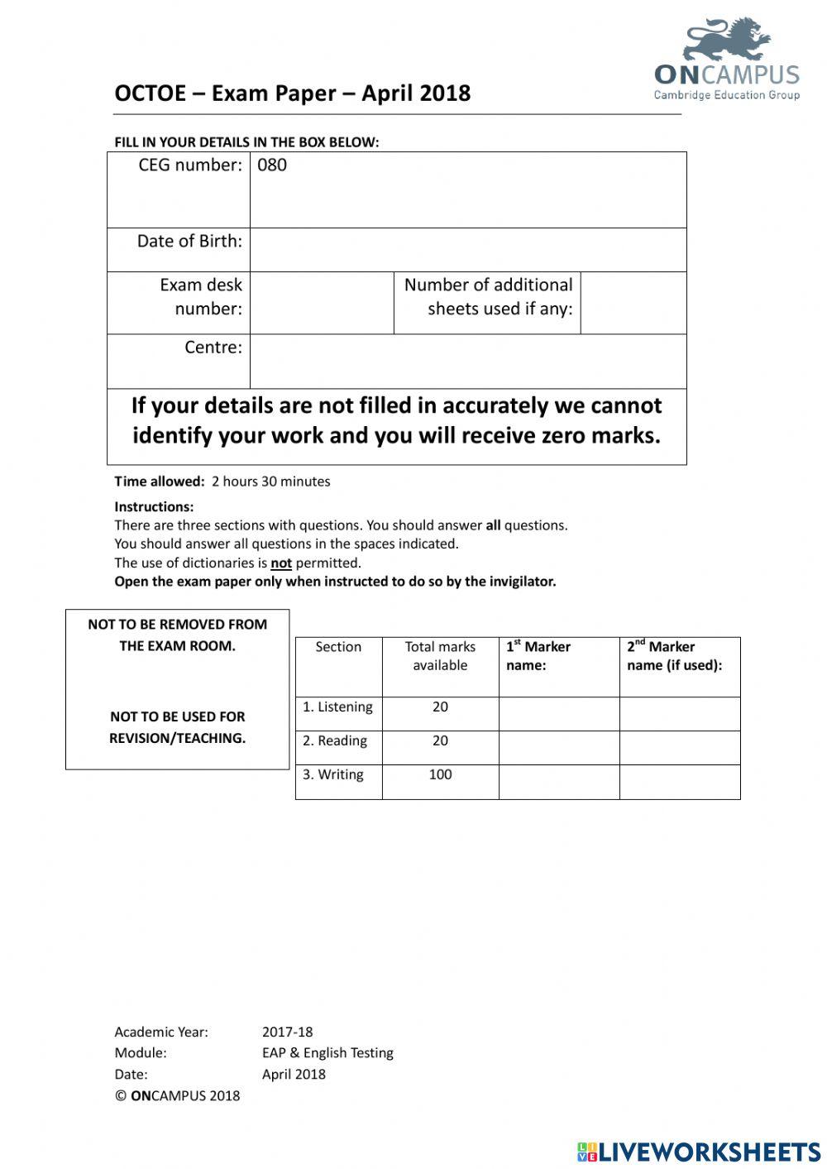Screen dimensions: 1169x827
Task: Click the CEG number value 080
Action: pos(272,165)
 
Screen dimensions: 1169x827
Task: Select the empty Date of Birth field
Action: pos(467,250)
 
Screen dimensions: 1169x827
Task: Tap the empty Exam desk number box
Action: pos(322,303)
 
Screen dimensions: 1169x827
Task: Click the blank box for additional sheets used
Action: pos(633,303)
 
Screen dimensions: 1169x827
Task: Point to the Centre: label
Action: pos(213,347)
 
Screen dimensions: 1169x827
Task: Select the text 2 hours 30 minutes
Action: pos(270,481)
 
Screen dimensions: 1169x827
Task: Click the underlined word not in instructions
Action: pos(281,563)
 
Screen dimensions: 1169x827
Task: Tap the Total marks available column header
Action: pos(440,656)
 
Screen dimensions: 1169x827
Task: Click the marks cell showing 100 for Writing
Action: pos(440,775)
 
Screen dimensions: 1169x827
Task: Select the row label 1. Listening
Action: pos(337,707)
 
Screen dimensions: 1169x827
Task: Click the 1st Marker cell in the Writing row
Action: pos(558,782)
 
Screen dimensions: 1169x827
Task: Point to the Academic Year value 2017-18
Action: pos(287,1032)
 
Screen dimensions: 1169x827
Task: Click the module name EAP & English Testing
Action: pos(327,1053)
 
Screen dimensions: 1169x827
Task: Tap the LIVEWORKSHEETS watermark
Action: pos(699,1152)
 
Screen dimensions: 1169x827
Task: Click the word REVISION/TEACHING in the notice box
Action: pos(177,738)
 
